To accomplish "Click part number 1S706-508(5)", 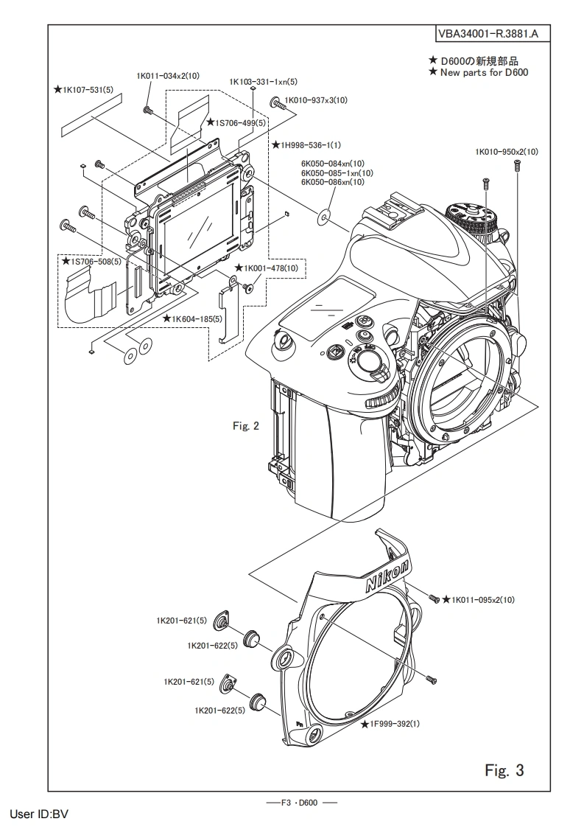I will (x=91, y=260).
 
